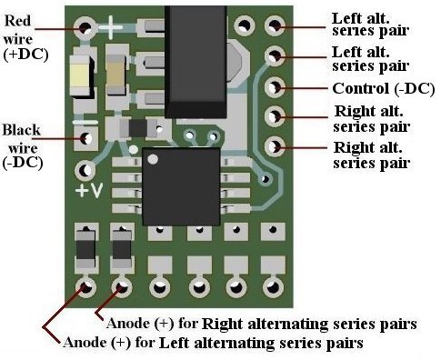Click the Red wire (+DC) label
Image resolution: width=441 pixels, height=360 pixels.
tap(25, 38)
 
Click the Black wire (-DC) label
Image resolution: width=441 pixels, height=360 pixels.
tap(23, 146)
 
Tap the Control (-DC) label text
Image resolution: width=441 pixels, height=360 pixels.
tap(384, 88)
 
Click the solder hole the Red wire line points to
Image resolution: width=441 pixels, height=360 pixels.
tap(85, 28)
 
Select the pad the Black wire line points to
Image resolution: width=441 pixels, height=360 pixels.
tap(85, 138)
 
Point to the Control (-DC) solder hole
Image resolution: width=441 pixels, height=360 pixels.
tap(275, 87)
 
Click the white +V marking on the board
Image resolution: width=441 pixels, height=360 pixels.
tap(89, 190)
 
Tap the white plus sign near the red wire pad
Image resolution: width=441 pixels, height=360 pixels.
tap(110, 27)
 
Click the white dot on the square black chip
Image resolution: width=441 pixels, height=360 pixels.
tap(153, 159)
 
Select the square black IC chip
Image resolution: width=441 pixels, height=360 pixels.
tap(181, 186)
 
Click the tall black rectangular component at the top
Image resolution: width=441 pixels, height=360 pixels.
tap(195, 61)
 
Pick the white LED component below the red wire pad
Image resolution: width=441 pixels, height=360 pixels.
tap(82, 76)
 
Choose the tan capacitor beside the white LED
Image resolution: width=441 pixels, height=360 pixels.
tap(115, 75)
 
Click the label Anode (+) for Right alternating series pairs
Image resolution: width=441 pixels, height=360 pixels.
tap(262, 324)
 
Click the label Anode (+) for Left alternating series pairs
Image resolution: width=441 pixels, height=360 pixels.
tap(213, 343)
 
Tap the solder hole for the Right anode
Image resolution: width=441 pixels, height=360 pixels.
tap(122, 286)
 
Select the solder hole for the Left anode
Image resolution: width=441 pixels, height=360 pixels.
tap(85, 286)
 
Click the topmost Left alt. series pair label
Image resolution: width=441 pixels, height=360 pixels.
tap(370, 25)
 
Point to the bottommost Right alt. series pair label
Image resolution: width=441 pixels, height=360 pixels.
tap(372, 155)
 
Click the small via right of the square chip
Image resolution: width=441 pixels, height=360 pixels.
tap(265, 179)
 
